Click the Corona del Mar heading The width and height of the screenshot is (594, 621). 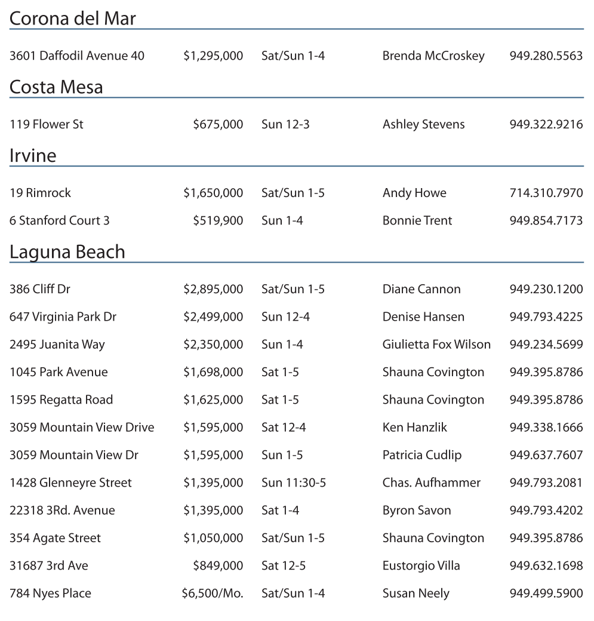pyautogui.click(x=73, y=19)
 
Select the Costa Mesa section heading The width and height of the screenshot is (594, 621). pyautogui.click(x=56, y=87)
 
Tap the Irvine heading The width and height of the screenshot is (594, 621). pyautogui.click(x=33, y=156)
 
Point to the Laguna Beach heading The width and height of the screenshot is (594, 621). pyautogui.click(x=67, y=252)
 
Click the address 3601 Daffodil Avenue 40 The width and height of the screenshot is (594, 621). pyautogui.click(x=77, y=56)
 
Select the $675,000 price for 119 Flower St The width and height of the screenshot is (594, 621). pyautogui.click(x=218, y=125)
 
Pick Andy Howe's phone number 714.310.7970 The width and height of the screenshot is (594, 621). pyautogui.click(x=546, y=193)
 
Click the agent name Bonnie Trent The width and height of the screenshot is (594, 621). pyautogui.click(x=417, y=221)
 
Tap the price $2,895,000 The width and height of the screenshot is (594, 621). pyautogui.click(x=213, y=290)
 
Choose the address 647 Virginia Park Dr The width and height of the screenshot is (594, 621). pyautogui.click(x=63, y=317)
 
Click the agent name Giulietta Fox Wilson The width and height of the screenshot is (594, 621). pyautogui.click(x=436, y=345)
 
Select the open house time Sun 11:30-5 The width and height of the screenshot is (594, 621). pyautogui.click(x=294, y=482)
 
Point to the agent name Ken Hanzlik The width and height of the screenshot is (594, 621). pyautogui.click(x=415, y=428)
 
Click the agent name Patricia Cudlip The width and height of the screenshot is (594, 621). pyautogui.click(x=422, y=455)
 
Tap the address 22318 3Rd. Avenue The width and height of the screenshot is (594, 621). pyautogui.click(x=62, y=511)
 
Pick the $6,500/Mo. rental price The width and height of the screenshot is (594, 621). pyautogui.click(x=213, y=594)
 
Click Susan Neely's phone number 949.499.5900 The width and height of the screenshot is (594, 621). pyautogui.click(x=546, y=594)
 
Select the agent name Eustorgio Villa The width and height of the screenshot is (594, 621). pyautogui.click(x=421, y=565)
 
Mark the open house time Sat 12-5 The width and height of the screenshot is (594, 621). pyautogui.click(x=284, y=565)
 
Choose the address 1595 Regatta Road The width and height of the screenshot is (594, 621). pyautogui.click(x=61, y=400)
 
